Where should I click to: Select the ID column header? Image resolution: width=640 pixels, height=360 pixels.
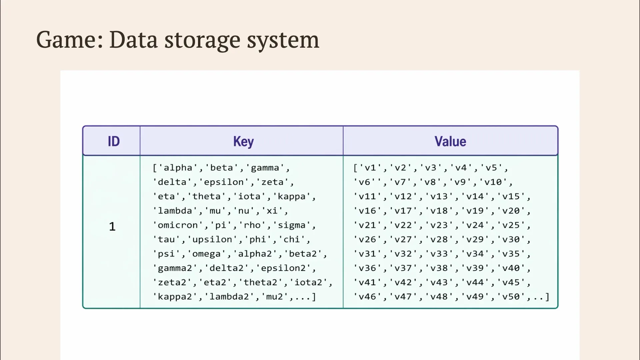tap(114, 141)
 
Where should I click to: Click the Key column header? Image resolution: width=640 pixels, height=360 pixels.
tap(243, 142)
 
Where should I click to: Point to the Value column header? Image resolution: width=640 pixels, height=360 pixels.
tap(450, 141)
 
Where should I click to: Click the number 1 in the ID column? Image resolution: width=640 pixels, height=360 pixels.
tap(112, 227)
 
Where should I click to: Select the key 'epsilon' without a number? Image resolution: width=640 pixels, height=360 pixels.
tap(224, 182)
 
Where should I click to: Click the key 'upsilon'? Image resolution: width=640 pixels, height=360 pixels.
tap(212, 239)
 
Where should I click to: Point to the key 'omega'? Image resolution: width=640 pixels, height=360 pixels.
tap(207, 254)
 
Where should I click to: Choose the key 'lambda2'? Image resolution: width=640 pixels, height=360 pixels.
tap(229, 296)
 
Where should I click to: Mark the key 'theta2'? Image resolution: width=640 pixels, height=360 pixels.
tap(261, 282)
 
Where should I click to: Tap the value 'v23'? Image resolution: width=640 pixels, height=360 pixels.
tap(439, 225)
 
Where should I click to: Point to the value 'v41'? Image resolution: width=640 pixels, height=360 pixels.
tap(368, 282)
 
